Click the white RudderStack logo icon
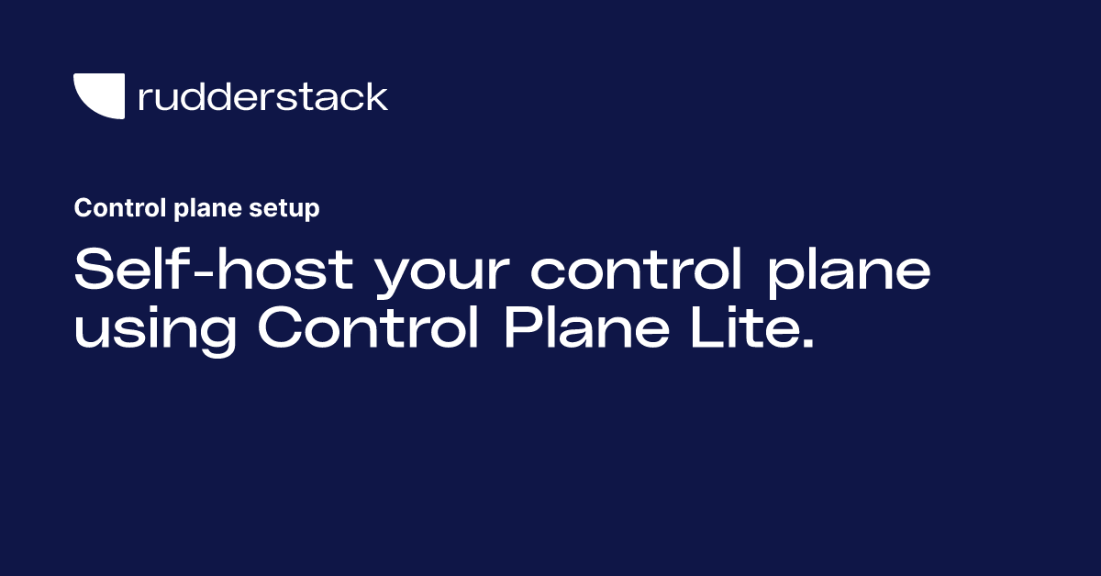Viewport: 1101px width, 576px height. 99,96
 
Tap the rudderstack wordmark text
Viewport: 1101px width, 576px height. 262,96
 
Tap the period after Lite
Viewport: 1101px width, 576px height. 807,344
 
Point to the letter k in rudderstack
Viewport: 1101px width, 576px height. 376,96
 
